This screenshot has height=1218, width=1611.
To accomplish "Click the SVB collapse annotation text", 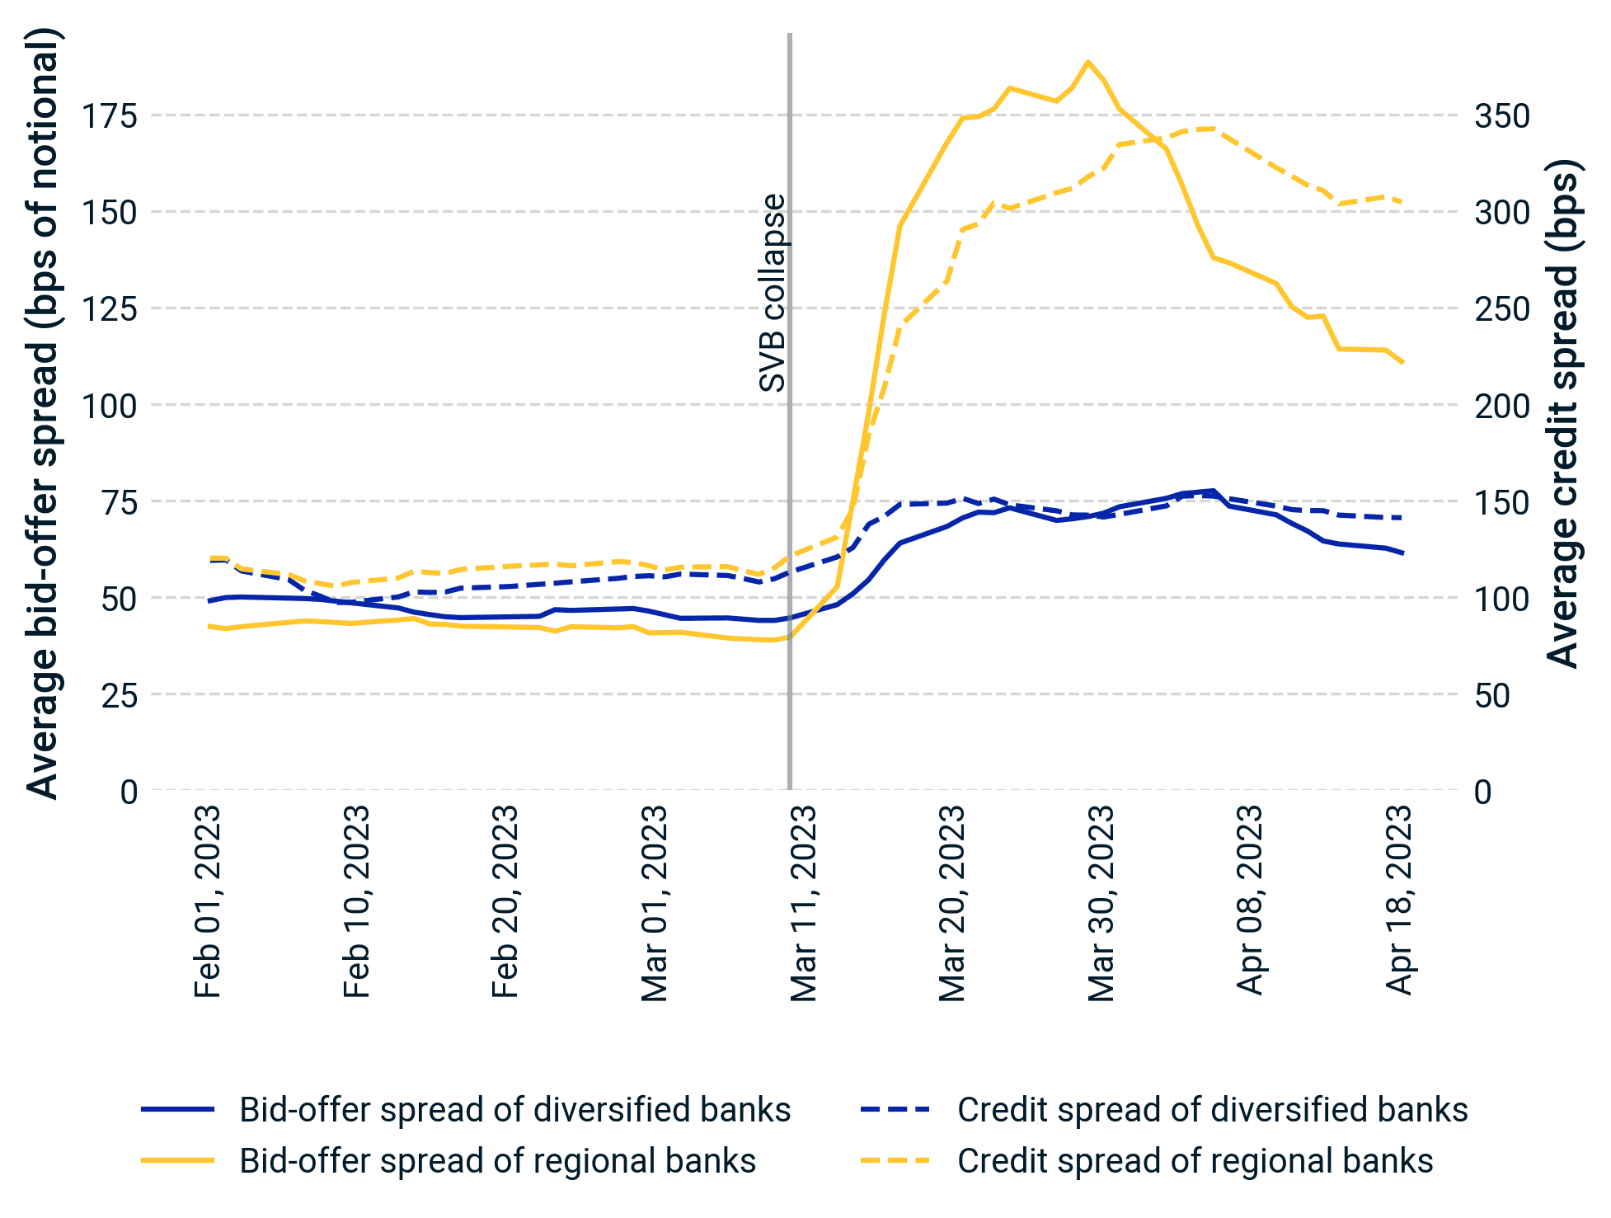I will click(x=773, y=293).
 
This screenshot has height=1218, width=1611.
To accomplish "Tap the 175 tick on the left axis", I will click(x=108, y=116).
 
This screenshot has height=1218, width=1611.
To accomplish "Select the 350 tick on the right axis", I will click(x=1502, y=116).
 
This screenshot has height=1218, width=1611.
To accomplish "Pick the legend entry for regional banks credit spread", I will click(x=1195, y=1161).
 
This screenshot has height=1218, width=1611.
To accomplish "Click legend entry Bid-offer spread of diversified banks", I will click(x=514, y=1110).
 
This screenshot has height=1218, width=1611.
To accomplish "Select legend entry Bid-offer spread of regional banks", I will click(x=497, y=1161).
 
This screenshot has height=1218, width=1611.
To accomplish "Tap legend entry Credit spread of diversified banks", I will click(x=1212, y=1110).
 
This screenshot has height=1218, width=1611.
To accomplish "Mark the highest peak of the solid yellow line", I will click(x=1088, y=62).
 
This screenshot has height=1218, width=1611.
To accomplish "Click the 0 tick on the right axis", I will click(x=1483, y=792).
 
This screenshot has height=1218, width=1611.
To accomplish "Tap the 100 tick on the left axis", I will click(x=108, y=406).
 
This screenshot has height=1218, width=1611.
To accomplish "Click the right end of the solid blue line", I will click(x=1402, y=553).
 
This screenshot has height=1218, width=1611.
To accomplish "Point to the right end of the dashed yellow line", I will click(x=1402, y=202).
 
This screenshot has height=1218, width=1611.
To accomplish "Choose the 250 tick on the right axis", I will click(x=1502, y=309).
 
